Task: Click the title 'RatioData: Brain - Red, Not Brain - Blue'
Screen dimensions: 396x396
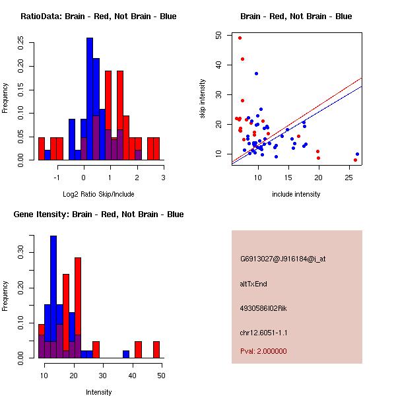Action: tap(98, 16)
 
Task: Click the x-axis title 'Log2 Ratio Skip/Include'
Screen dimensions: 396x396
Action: tap(98, 194)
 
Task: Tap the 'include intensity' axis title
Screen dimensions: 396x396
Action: tap(296, 194)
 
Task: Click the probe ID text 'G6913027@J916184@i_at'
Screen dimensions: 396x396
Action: tap(282, 259)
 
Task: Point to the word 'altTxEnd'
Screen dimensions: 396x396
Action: tap(254, 284)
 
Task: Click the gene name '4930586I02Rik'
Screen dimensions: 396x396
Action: tap(263, 308)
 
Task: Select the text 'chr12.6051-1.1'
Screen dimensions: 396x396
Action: tap(264, 333)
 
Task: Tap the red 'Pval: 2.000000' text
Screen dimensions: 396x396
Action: tap(263, 351)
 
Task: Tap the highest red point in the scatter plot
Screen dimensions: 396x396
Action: tap(240, 38)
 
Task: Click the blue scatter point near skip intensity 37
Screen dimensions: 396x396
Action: tap(256, 73)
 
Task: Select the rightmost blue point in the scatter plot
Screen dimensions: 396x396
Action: tap(357, 154)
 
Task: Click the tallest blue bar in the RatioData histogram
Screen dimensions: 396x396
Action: tap(90, 99)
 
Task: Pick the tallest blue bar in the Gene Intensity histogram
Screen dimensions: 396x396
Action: tap(53, 297)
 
